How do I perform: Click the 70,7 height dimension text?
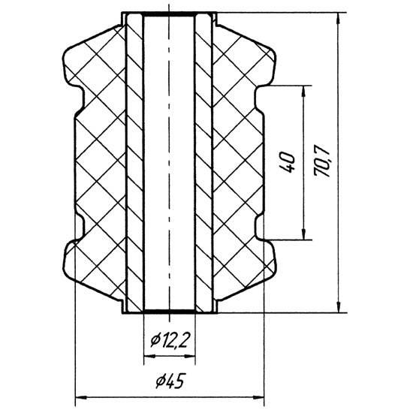(x=322, y=163)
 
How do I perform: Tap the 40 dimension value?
(x=288, y=162)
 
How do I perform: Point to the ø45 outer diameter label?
(x=170, y=381)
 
